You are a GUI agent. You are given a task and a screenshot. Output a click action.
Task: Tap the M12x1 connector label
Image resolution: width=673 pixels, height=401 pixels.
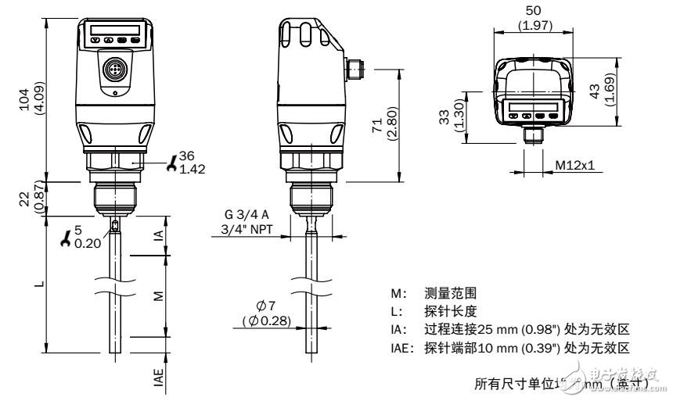click(x=575, y=165)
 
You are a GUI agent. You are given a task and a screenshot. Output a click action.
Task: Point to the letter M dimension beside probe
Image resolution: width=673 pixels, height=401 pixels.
click(x=160, y=296)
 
